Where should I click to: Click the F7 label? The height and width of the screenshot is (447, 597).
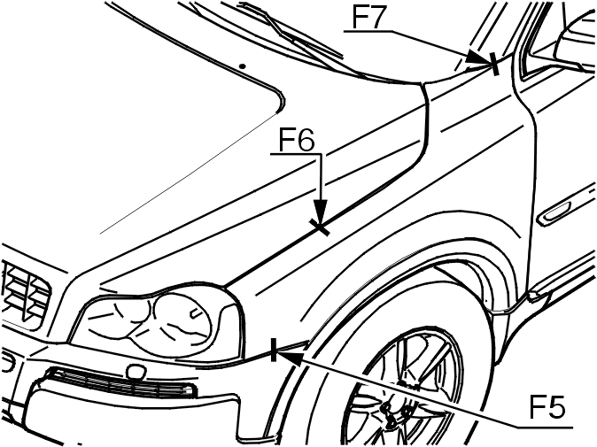coord(367,17)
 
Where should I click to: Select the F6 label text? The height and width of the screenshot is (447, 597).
coord(297,140)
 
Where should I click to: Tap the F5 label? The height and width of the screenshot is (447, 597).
coord(547,407)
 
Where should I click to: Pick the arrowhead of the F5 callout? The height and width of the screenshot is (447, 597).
coord(291,358)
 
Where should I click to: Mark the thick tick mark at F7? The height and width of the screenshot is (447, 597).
coord(494,64)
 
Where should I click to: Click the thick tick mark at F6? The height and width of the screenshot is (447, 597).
coord(319,227)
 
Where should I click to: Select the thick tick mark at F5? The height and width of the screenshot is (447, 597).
coord(274,350)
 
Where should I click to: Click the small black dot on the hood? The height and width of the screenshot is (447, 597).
coord(242,66)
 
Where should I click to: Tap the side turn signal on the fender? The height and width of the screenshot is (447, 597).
coord(554,213)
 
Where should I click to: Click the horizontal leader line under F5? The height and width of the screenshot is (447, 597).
coord(546,427)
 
